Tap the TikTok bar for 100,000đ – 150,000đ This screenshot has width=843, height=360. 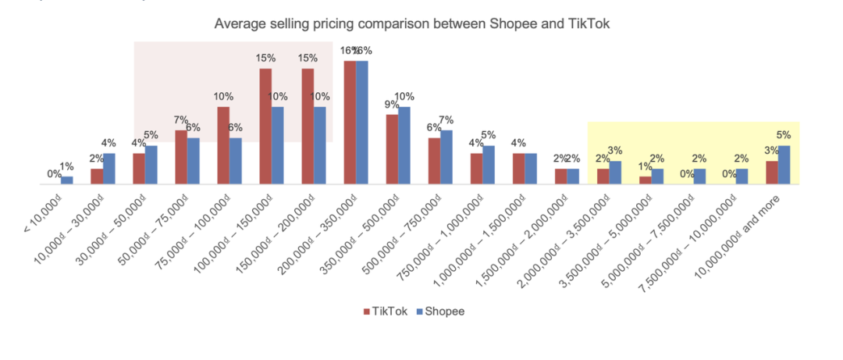pos(265,127)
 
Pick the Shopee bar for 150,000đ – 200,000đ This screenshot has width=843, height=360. pos(320,145)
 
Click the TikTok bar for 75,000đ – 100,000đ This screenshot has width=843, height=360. pos(223,145)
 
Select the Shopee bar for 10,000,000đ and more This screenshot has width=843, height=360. pos(784,165)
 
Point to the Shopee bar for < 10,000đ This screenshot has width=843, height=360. pos(67,180)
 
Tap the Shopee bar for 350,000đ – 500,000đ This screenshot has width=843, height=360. pos(404,145)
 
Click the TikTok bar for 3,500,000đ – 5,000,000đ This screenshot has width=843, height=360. pos(646,180)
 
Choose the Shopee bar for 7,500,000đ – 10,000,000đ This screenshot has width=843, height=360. pos(742,176)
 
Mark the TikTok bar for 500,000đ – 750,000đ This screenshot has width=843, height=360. pos(434,161)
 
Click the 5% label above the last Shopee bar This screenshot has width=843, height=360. pos(784,134)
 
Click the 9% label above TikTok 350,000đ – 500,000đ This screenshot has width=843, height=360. pos(393,103)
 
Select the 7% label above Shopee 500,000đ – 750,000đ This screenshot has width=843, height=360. pos(446,119)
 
